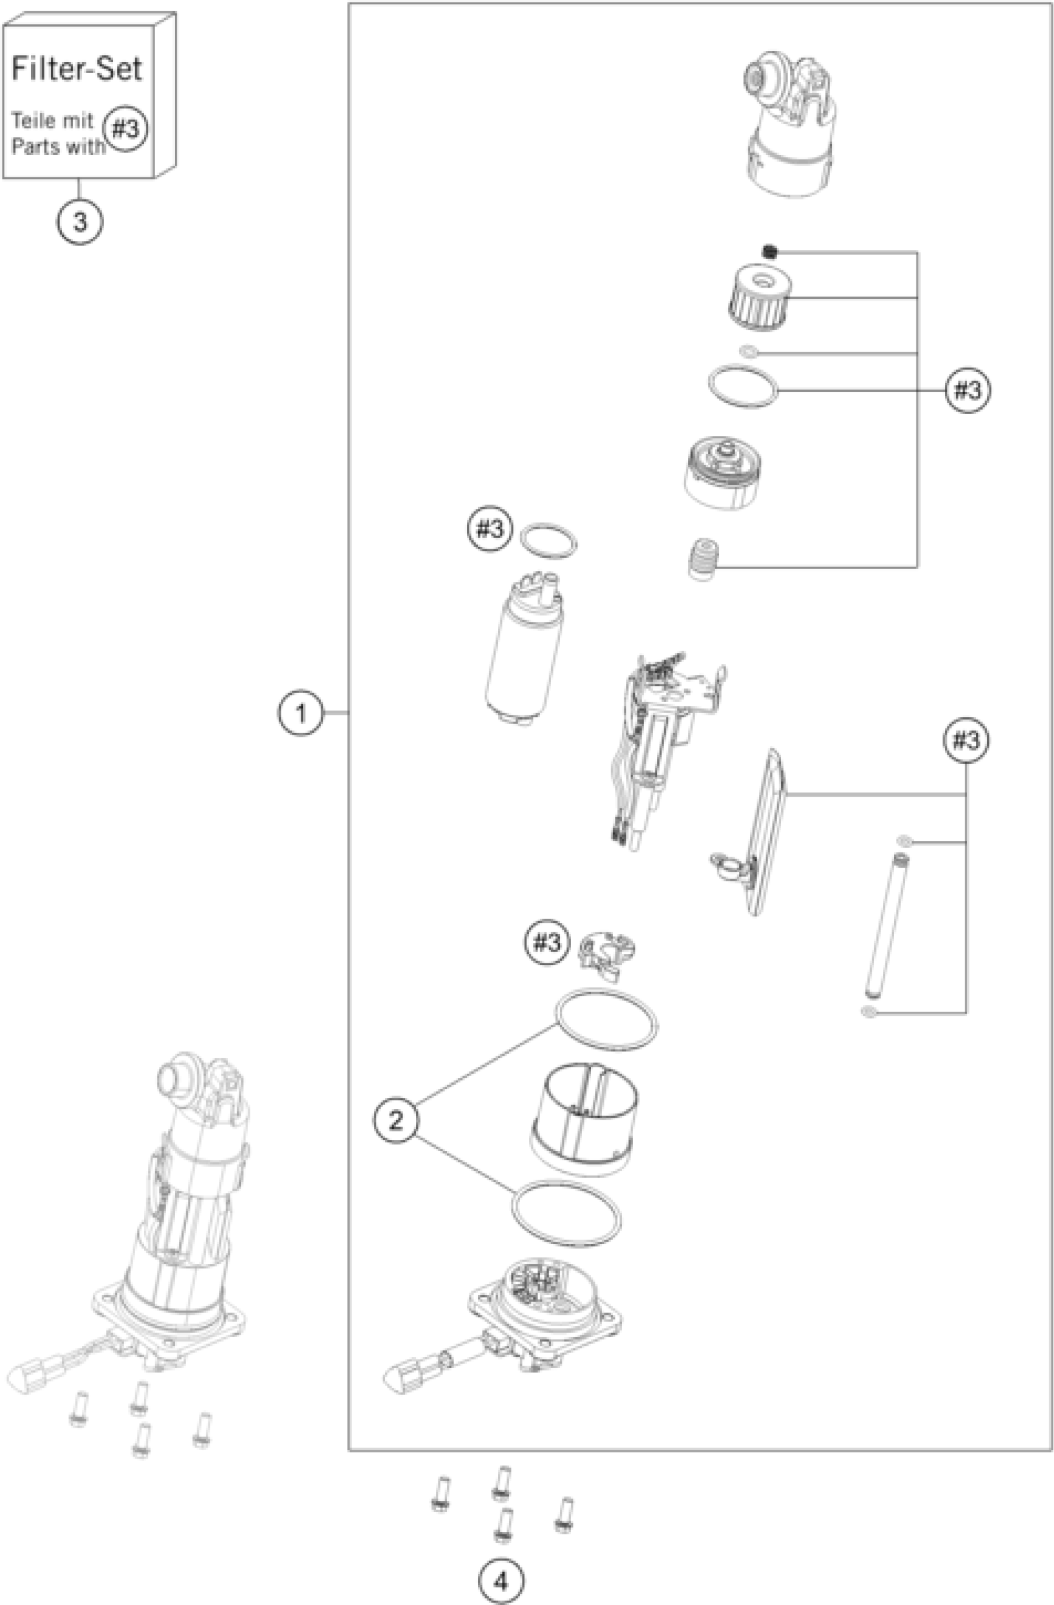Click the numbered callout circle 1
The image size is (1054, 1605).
(x=301, y=712)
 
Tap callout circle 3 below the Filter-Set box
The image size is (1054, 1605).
(x=79, y=221)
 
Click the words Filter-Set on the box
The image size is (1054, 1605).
(x=77, y=69)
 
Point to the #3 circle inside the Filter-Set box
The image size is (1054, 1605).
(x=126, y=128)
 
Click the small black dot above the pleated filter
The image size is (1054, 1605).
(x=769, y=252)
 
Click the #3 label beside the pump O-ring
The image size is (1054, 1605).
(x=490, y=529)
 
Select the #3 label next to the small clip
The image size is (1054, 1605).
(x=546, y=943)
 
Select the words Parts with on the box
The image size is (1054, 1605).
(x=59, y=146)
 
